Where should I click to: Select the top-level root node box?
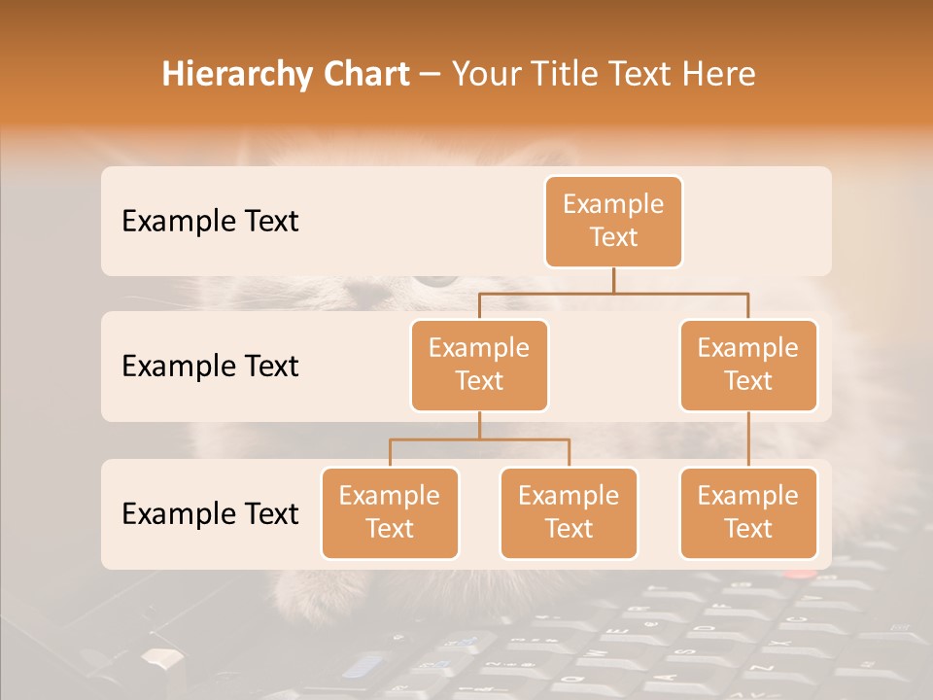[613, 222]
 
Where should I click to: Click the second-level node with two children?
[479, 366]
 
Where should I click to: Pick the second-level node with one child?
[748, 366]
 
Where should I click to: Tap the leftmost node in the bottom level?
[390, 513]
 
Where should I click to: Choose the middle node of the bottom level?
[569, 513]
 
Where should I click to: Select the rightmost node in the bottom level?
[748, 513]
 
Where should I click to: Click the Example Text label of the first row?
[210, 222]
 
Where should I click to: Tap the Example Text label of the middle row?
[210, 367]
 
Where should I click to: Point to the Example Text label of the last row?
[210, 513]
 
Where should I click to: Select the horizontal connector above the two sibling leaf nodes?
[479, 439]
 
